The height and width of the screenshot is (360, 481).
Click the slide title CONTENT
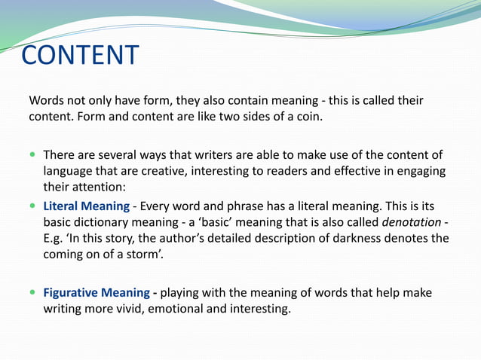[x=80, y=56]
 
